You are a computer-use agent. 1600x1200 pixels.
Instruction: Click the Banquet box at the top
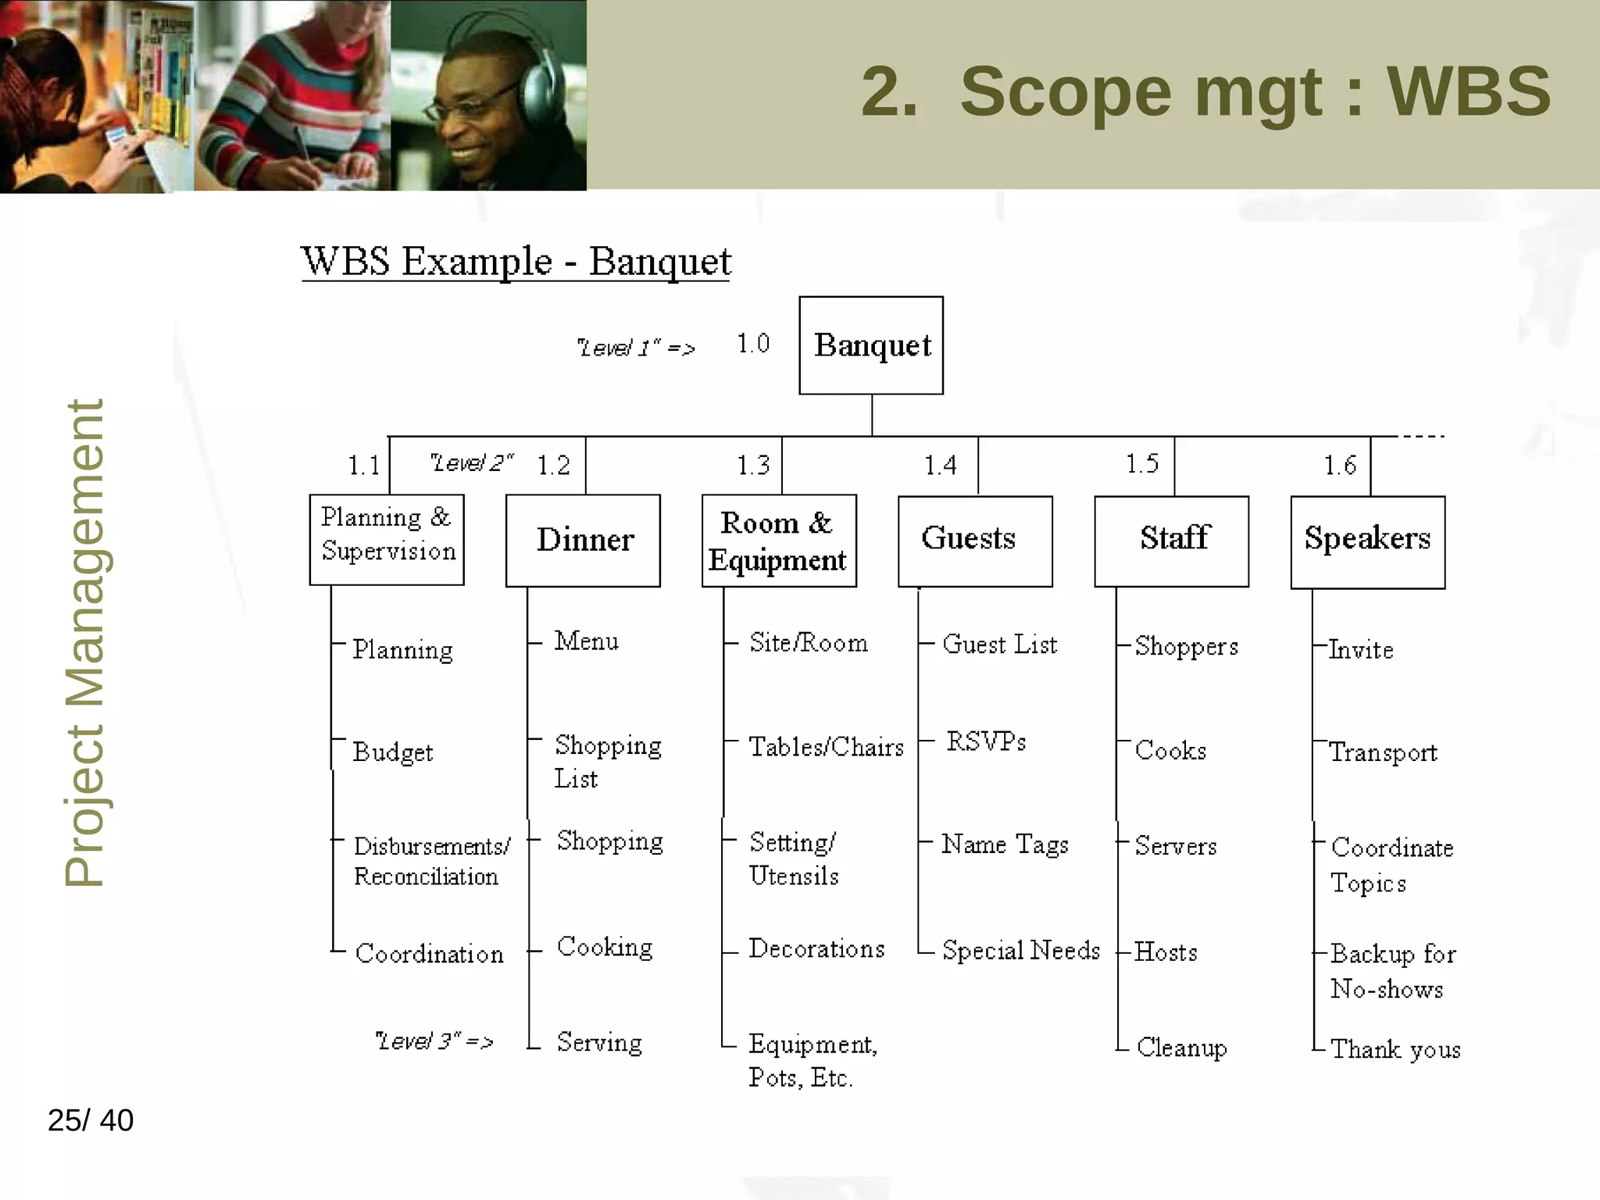tap(870, 345)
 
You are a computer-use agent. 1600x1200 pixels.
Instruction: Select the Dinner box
tap(583, 540)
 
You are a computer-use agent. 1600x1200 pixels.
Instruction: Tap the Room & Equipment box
tap(778, 541)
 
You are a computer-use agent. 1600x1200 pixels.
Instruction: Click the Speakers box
tap(1367, 541)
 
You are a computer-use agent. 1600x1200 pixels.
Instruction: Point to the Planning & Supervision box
tap(387, 538)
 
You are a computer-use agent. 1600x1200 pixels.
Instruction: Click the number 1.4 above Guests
tap(940, 466)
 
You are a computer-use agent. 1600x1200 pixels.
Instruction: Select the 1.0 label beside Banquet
tap(753, 344)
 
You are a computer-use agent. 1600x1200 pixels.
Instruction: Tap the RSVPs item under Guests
tap(986, 741)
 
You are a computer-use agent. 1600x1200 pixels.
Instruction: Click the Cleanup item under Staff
tap(1181, 1048)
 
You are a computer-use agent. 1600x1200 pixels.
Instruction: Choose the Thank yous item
tap(1395, 1049)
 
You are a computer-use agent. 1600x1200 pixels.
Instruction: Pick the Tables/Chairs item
tap(826, 748)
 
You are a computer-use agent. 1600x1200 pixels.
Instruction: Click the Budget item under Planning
tap(392, 752)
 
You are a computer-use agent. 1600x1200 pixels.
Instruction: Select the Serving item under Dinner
tap(599, 1043)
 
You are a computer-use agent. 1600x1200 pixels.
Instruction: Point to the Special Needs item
tap(1020, 951)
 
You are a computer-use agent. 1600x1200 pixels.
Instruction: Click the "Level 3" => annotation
tap(434, 1041)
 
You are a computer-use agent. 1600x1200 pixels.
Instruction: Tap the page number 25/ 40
tap(91, 1120)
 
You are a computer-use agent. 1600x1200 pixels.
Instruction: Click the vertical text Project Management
tap(84, 642)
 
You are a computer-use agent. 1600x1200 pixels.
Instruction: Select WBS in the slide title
tap(1468, 92)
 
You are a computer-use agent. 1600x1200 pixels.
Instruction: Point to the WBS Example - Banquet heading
tap(516, 262)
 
